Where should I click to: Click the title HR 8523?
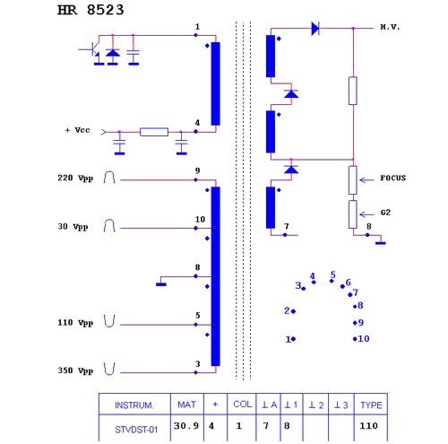pyautogui.click(x=90, y=10)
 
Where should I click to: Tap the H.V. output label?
pyautogui.click(x=390, y=27)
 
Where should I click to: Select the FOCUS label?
pyautogui.click(x=393, y=178)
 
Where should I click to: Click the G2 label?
pyautogui.click(x=385, y=213)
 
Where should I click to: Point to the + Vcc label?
pyautogui.click(x=77, y=130)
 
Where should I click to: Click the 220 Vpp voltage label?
pyautogui.click(x=75, y=178)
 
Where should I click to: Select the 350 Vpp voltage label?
pyautogui.click(x=75, y=370)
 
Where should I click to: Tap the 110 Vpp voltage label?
pyautogui.click(x=75, y=323)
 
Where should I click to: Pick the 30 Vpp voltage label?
pyautogui.click(x=73, y=227)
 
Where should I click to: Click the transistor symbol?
pyautogui.click(x=95, y=49)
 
